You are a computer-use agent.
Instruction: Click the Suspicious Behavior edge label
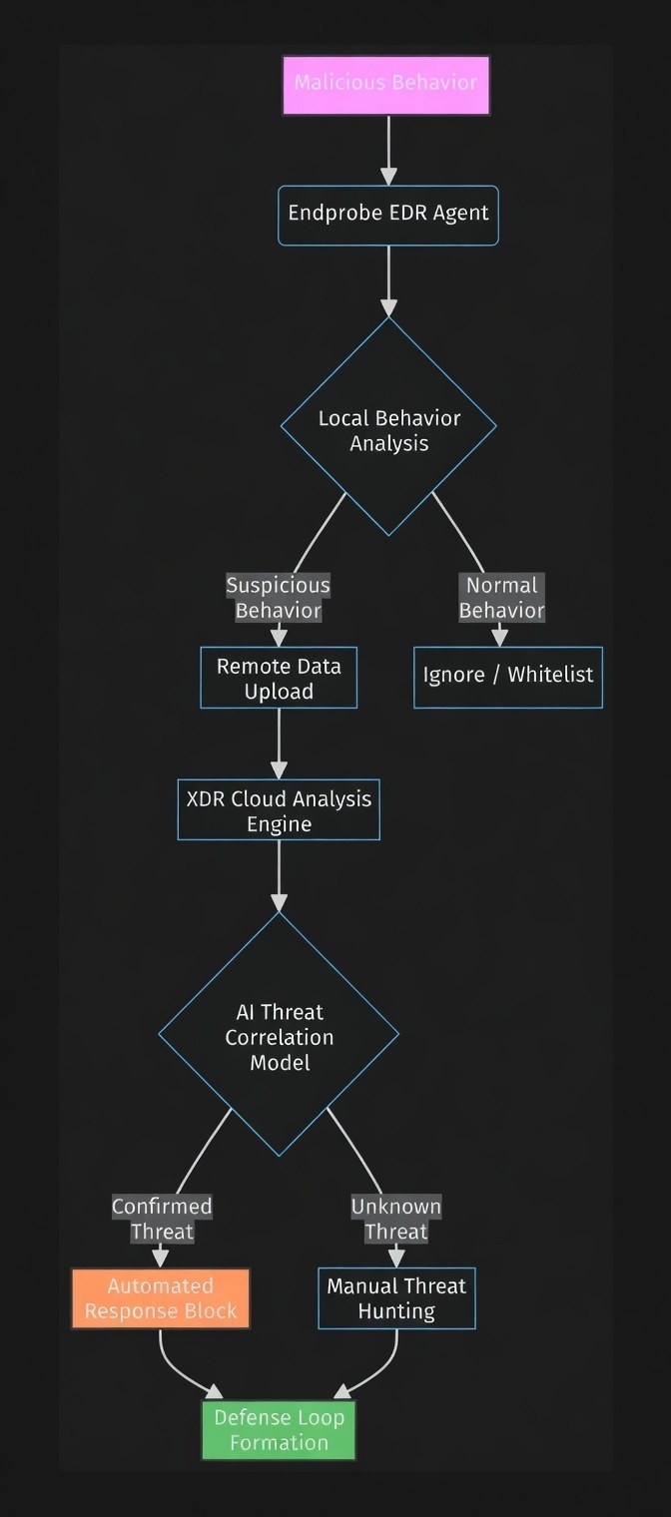click(x=278, y=598)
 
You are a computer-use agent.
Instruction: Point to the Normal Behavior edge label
click(x=501, y=598)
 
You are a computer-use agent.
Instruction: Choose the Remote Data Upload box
click(x=279, y=679)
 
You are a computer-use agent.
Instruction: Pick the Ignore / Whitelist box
click(x=507, y=676)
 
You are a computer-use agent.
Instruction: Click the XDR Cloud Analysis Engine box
click(x=279, y=810)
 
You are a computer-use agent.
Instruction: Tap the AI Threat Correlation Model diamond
click(x=279, y=1036)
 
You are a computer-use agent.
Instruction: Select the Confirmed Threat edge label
click(x=161, y=1219)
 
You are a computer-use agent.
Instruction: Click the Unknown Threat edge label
click(x=395, y=1219)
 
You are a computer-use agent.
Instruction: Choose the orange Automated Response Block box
click(x=161, y=1298)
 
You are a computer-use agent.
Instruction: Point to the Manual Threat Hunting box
click(x=396, y=1298)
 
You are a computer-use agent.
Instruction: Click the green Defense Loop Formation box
click(x=279, y=1430)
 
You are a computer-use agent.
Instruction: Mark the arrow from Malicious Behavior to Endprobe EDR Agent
click(x=387, y=150)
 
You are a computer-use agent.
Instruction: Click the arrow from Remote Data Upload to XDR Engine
click(x=279, y=744)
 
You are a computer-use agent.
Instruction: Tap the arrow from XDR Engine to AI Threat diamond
click(x=279, y=874)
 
